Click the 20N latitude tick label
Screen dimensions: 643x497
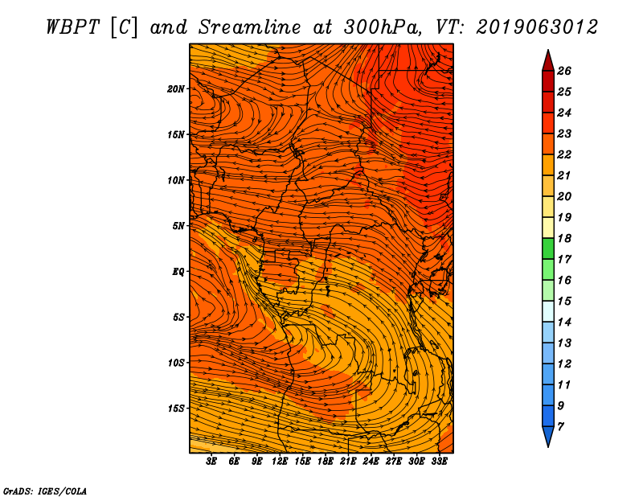[x=176, y=89]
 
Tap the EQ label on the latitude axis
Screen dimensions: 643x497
[x=178, y=272]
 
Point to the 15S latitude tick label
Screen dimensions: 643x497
[x=176, y=409]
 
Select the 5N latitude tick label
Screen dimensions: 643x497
[x=178, y=226]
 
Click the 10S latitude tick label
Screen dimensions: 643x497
[x=176, y=363]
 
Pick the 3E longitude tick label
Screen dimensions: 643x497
[x=211, y=461]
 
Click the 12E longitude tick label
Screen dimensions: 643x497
[x=279, y=461]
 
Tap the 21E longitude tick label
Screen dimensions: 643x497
[x=348, y=461]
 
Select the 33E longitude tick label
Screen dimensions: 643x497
[x=439, y=461]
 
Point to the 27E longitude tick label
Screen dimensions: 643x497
[x=394, y=461]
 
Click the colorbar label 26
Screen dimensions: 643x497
[x=564, y=71]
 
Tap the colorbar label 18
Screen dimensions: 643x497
[x=564, y=238]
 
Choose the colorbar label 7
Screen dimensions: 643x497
[x=560, y=427]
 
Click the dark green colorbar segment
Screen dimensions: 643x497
[x=548, y=249]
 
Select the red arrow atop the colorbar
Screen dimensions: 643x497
[x=548, y=61]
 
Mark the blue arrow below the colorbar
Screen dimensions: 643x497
[x=548, y=437]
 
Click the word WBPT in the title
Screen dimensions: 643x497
[x=72, y=27]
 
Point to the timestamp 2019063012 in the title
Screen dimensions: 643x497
[x=537, y=27]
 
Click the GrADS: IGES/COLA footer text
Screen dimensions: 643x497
[x=45, y=491]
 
